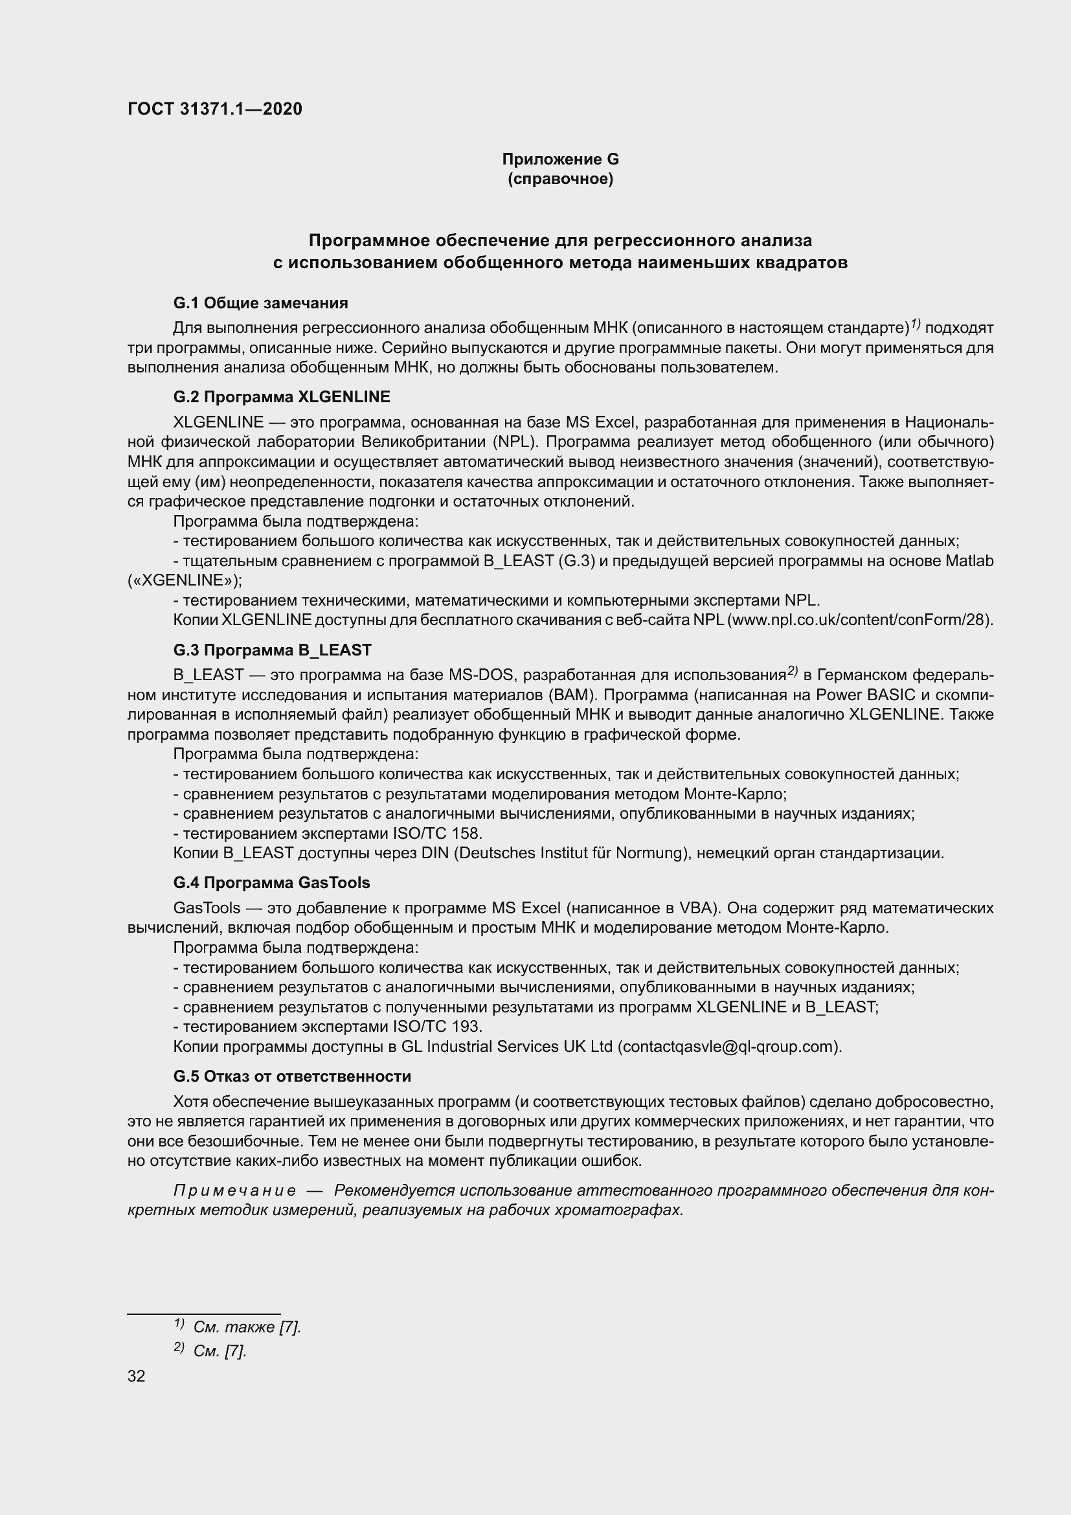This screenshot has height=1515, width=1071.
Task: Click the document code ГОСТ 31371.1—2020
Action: (214, 109)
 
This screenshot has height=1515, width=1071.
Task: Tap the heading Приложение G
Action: (560, 159)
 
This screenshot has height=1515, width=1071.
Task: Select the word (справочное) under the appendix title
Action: (560, 179)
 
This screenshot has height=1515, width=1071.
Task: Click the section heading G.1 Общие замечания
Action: (260, 303)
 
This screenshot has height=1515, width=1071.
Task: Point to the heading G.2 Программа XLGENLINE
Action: (282, 396)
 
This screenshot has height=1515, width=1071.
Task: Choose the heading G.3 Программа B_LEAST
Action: (273, 650)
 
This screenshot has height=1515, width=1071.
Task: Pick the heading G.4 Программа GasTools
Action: (271, 883)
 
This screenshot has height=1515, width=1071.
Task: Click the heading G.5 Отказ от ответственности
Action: (292, 1076)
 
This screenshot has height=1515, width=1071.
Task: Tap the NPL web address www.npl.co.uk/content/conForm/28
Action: (859, 621)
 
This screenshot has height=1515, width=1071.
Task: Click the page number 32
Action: (137, 1376)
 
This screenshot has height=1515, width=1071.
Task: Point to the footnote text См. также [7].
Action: (247, 1327)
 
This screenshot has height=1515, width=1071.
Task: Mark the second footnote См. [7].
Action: (220, 1350)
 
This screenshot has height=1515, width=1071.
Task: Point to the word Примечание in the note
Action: (234, 1190)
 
